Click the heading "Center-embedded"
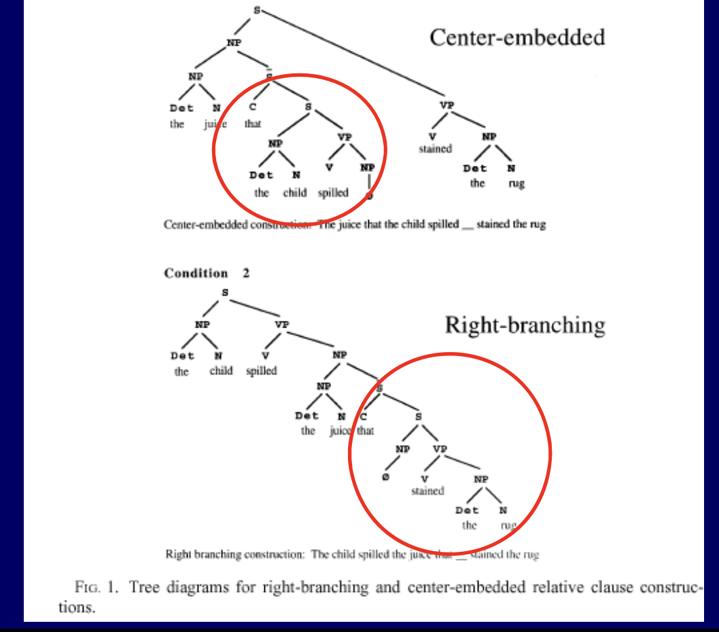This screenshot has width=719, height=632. pyautogui.click(x=516, y=37)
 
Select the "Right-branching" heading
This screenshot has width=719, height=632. pyautogui.click(x=525, y=324)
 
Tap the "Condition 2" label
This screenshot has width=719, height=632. pyautogui.click(x=207, y=273)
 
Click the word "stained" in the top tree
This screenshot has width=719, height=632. pyautogui.click(x=435, y=149)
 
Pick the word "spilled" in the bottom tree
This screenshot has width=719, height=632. pyautogui.click(x=262, y=371)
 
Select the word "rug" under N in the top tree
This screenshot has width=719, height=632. pyautogui.click(x=516, y=183)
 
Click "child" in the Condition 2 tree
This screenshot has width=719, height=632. pyautogui.click(x=221, y=371)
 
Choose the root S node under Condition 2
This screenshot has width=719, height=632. pyautogui.click(x=225, y=293)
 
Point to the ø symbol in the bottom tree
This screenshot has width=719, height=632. pyautogui.click(x=385, y=478)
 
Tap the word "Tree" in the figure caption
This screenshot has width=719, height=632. pyautogui.click(x=143, y=586)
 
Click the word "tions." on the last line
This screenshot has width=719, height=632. pyautogui.click(x=77, y=607)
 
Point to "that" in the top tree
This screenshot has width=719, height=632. pyautogui.click(x=253, y=124)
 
